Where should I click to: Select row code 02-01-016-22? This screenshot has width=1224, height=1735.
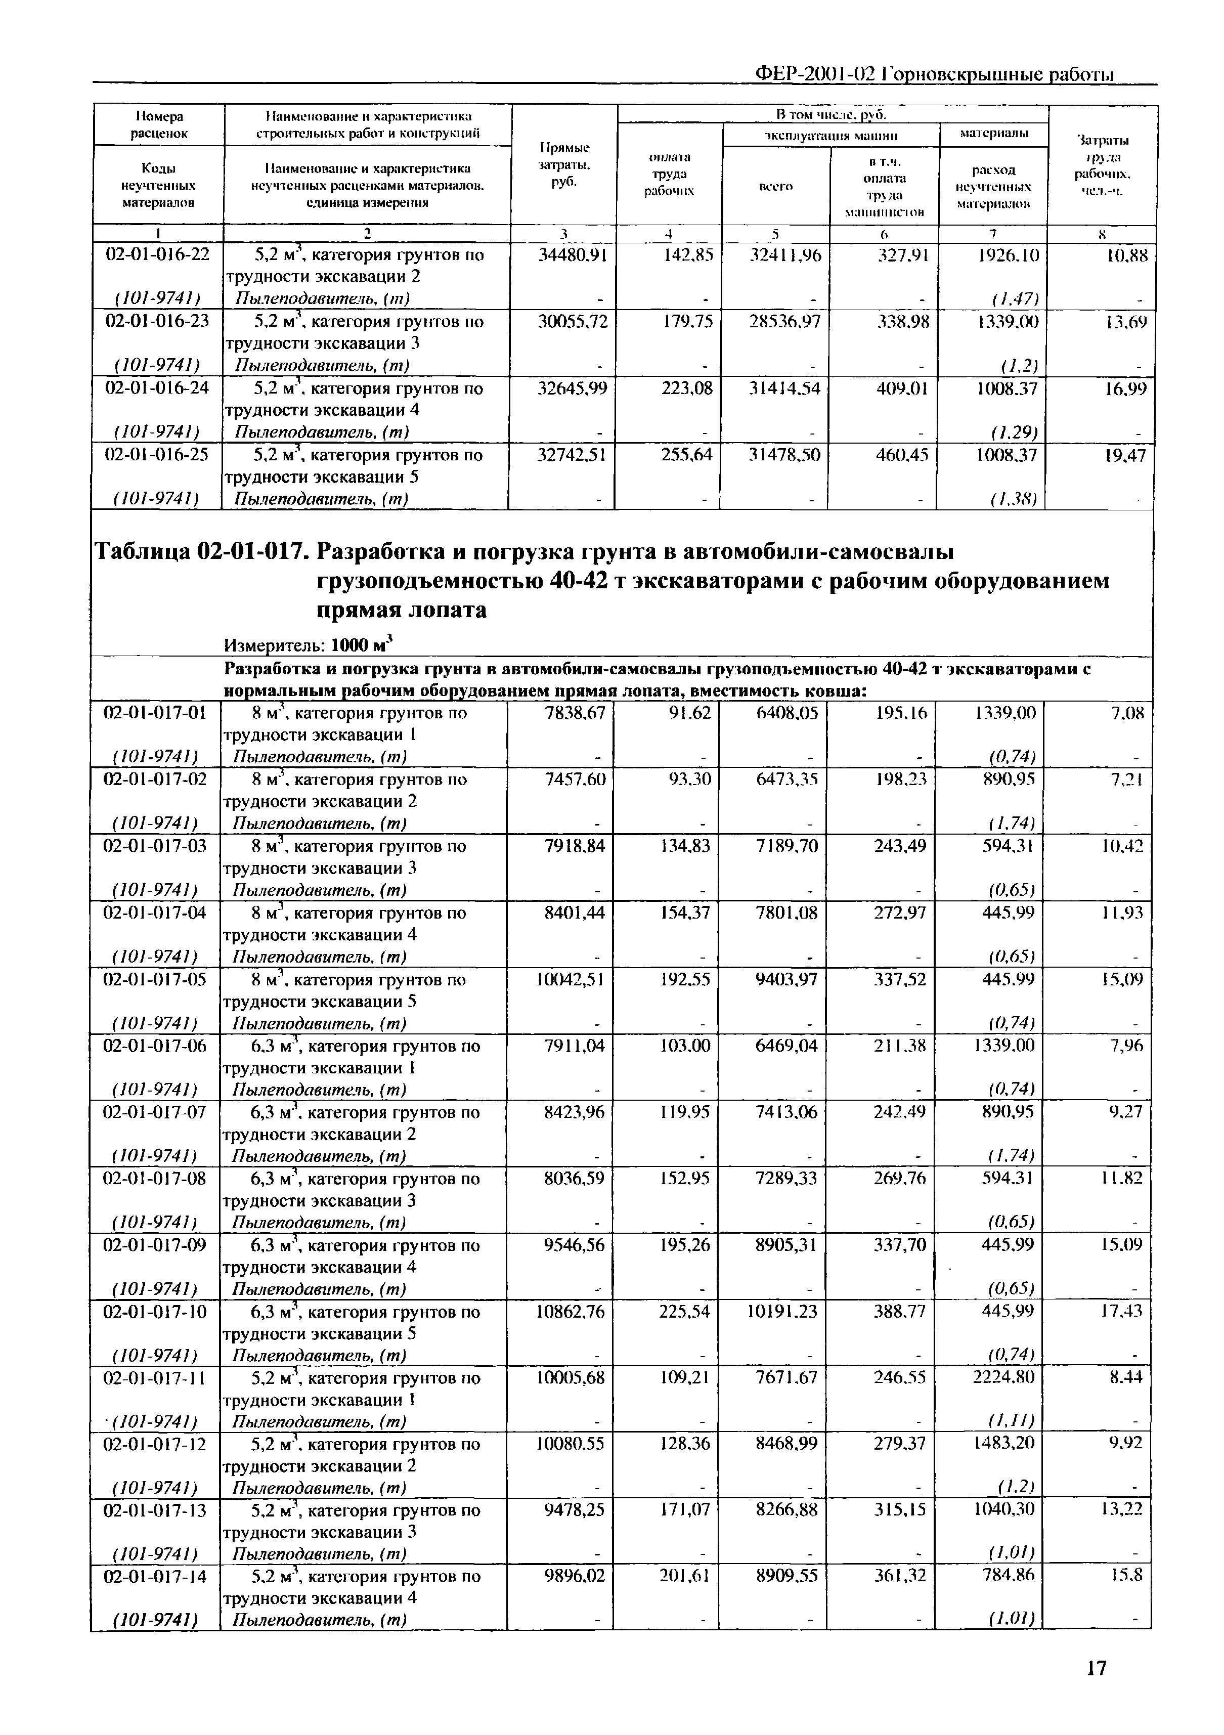point(157,254)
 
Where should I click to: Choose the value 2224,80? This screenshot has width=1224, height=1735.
point(1003,1377)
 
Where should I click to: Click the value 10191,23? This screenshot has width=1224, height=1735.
point(782,1311)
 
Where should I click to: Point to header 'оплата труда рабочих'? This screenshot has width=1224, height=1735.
point(669,174)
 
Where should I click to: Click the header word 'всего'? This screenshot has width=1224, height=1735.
point(775,186)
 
